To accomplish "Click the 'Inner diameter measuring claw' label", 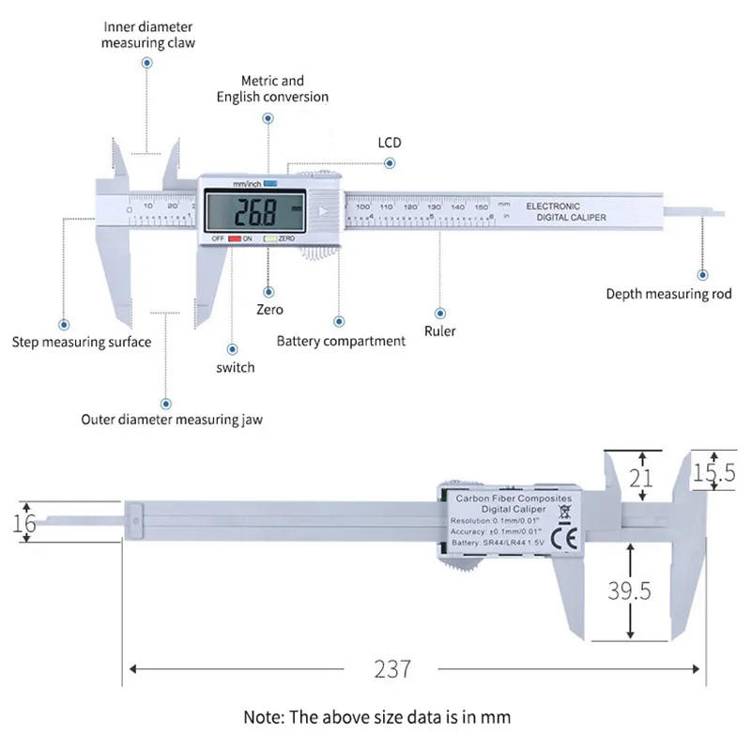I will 148,35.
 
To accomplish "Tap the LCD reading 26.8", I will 255,213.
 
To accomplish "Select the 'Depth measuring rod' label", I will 668,294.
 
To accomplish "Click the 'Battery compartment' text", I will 341,341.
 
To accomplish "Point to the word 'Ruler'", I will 439,330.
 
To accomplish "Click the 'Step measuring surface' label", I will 82,342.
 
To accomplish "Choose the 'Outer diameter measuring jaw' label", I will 172,420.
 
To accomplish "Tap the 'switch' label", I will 235,367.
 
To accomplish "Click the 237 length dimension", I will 392,668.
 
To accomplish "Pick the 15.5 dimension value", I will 713,474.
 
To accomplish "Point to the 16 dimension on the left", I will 25,523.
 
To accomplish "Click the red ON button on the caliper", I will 235,239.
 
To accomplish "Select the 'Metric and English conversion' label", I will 272,89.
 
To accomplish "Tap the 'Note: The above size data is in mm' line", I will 377,717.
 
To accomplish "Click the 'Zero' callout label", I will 269,309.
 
